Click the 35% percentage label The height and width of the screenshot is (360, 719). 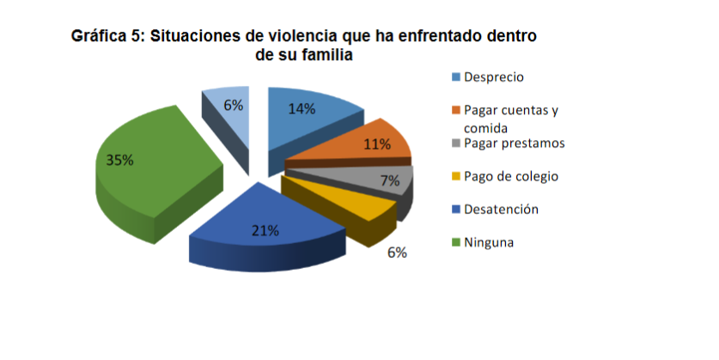pos(119,160)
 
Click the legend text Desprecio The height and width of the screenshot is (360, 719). pos(493,77)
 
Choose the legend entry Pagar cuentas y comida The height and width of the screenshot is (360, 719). pos(510,119)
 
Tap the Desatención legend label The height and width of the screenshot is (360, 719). pos(501,209)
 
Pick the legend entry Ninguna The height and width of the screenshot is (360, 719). pos(489,242)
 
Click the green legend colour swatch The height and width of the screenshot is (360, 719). pos(456,243)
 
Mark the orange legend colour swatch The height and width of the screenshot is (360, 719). pos(456,111)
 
